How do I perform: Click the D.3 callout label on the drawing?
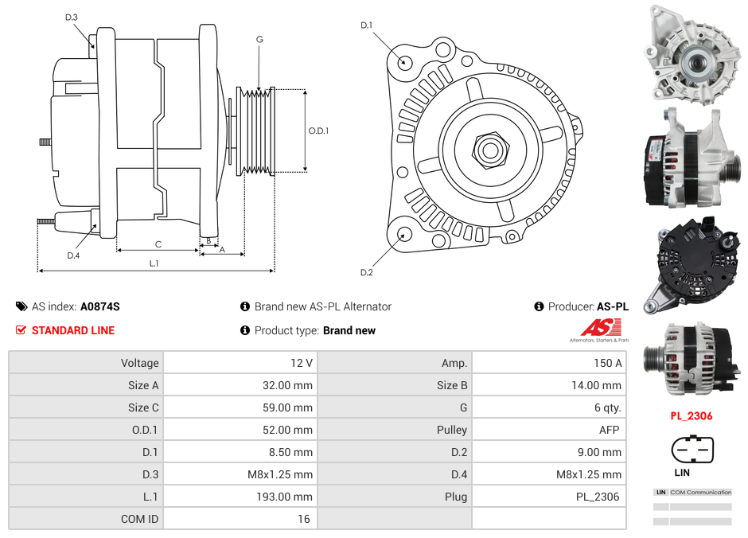(x=72, y=17)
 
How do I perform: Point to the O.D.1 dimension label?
(x=318, y=131)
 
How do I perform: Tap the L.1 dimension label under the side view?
(x=154, y=263)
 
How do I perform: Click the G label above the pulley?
(x=259, y=39)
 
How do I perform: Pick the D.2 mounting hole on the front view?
(x=404, y=234)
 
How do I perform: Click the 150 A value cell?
(x=608, y=363)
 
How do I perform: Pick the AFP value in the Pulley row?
(x=610, y=430)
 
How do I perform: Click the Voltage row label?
(x=140, y=363)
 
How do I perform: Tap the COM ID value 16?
(x=304, y=519)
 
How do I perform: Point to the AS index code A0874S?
(x=99, y=306)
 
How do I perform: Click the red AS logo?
(x=600, y=328)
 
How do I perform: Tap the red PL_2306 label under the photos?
(x=691, y=415)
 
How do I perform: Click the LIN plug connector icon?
(x=692, y=450)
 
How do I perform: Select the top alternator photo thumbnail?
(x=691, y=53)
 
